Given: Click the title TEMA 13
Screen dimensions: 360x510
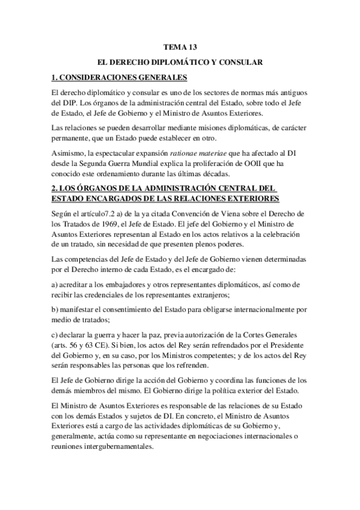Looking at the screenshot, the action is click(180, 46).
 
